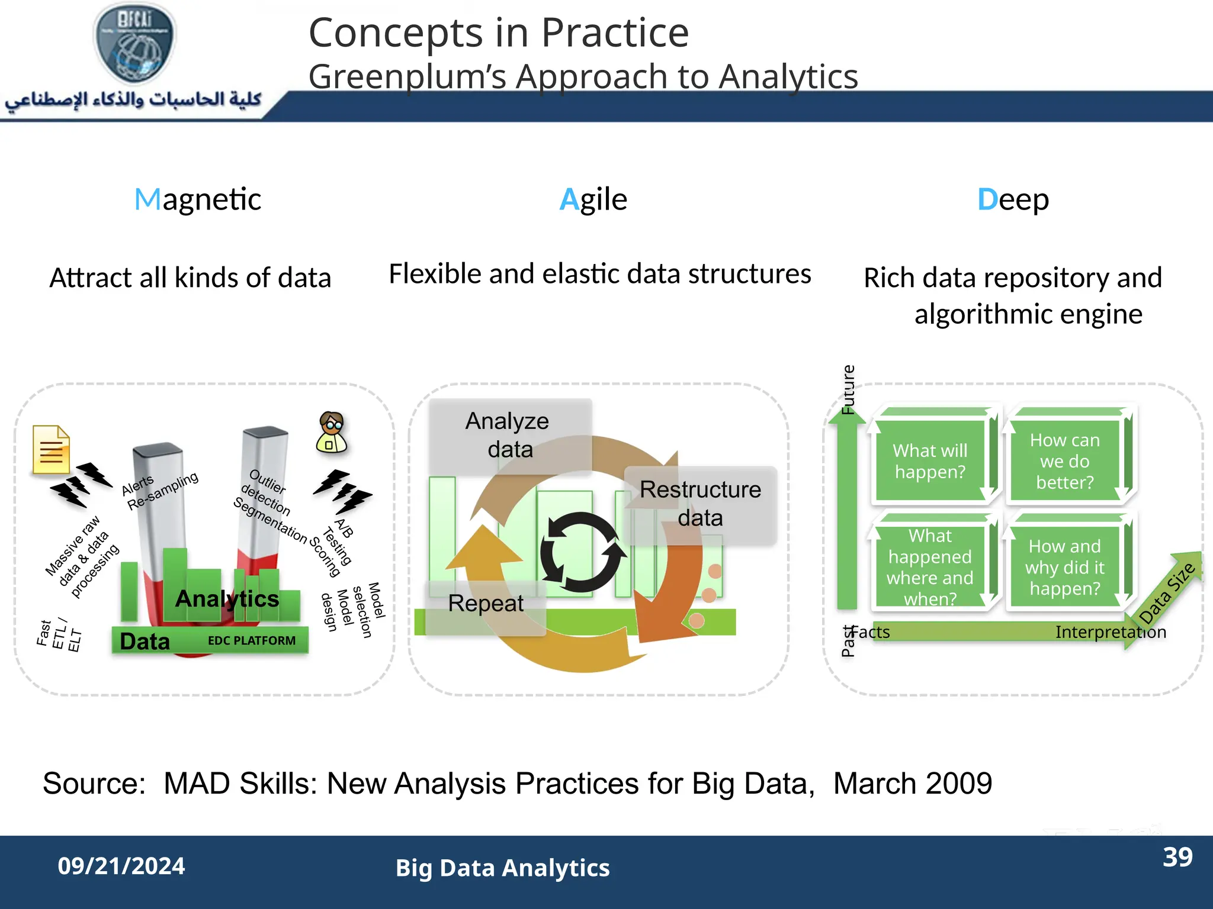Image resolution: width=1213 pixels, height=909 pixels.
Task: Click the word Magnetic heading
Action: [198, 199]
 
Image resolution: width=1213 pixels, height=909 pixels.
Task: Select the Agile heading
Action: [593, 199]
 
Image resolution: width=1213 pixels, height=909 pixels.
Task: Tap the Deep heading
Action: [1013, 199]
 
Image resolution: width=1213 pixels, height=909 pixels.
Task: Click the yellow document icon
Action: [51, 450]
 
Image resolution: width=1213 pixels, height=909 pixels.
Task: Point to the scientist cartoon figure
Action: [332, 433]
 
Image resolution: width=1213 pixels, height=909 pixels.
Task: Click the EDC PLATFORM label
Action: [251, 640]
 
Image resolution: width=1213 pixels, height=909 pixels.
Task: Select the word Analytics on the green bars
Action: [227, 599]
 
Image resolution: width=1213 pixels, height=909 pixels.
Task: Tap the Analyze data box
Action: [509, 436]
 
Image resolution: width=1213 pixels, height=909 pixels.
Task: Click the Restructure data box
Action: [700, 504]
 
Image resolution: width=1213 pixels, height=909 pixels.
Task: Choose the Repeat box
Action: [486, 604]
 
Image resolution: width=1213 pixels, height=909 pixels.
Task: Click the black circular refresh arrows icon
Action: [582, 552]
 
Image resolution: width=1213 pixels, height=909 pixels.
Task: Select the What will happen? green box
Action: [930, 461]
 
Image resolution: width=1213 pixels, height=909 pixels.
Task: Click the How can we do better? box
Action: [1064, 461]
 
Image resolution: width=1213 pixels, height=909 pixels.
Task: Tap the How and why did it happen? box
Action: [1064, 567]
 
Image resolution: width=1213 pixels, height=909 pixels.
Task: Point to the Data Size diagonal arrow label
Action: [1167, 593]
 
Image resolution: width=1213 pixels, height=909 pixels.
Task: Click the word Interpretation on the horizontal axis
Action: [1111, 632]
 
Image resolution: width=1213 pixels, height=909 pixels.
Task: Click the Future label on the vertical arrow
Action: [848, 389]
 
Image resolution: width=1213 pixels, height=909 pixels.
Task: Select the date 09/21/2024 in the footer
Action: [121, 866]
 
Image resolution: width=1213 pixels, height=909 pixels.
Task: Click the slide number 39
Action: [1177, 858]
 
